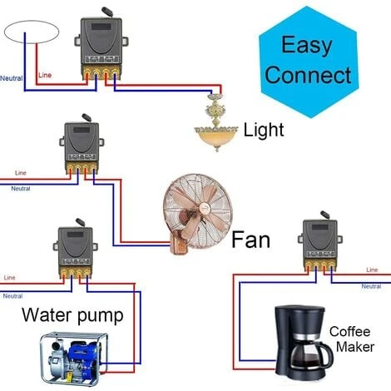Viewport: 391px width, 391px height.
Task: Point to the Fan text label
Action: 250,240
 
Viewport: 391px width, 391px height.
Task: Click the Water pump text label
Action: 72,315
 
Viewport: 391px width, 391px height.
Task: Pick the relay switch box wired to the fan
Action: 83,150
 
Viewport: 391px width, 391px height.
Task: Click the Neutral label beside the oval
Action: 11,78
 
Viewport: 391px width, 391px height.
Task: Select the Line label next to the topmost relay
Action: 47,77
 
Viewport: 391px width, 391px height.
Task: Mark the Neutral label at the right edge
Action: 374,286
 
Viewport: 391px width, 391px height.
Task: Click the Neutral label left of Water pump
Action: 12,296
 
